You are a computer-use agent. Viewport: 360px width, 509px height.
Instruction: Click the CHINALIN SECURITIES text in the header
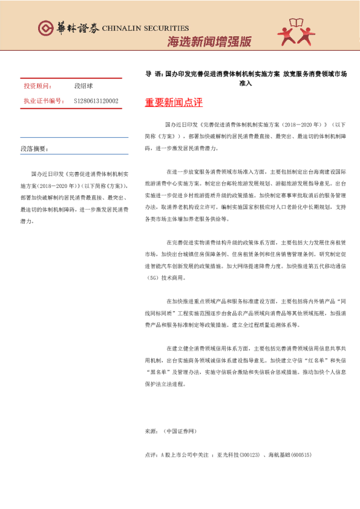point(146,28)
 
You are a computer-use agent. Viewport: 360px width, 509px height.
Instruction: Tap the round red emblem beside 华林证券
point(45,28)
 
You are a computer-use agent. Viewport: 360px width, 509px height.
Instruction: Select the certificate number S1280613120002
point(96,101)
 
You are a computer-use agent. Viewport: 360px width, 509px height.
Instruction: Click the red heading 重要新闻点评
point(173,103)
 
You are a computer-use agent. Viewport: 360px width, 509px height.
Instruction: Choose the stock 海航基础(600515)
point(289,454)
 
